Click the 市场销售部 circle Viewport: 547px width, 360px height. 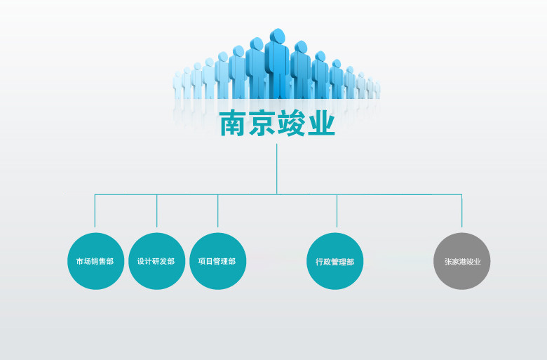click(95, 261)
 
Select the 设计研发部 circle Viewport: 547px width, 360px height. click(156, 261)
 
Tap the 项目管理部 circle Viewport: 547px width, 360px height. click(217, 261)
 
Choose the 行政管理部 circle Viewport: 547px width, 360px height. click(335, 261)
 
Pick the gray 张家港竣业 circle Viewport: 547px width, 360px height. click(461, 261)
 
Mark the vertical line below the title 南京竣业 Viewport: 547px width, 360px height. click(277, 168)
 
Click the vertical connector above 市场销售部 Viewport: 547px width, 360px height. click(95, 211)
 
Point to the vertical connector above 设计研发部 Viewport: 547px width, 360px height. click(156, 211)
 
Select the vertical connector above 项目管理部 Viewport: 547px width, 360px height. click(217, 211)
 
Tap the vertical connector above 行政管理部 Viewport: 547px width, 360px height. click(337, 211)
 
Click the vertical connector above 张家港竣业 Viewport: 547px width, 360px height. click(461, 211)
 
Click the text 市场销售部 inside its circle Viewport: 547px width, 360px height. click(95, 262)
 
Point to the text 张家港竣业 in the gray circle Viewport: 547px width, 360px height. click(462, 262)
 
